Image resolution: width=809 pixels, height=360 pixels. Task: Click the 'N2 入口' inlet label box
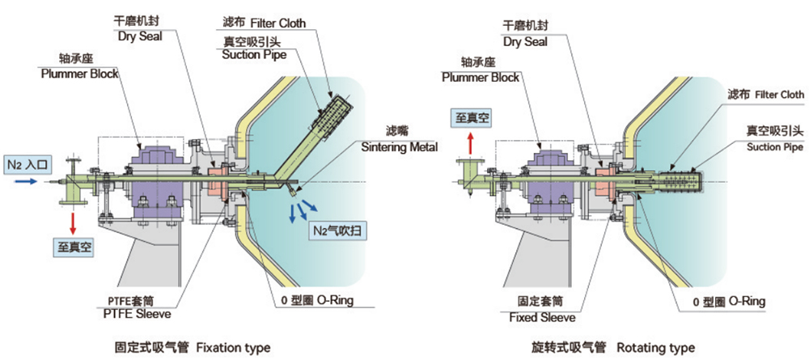[x=28, y=165]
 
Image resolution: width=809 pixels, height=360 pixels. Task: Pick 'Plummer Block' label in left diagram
[x=80, y=74]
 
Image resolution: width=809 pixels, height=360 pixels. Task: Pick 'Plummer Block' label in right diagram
[x=481, y=78]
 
